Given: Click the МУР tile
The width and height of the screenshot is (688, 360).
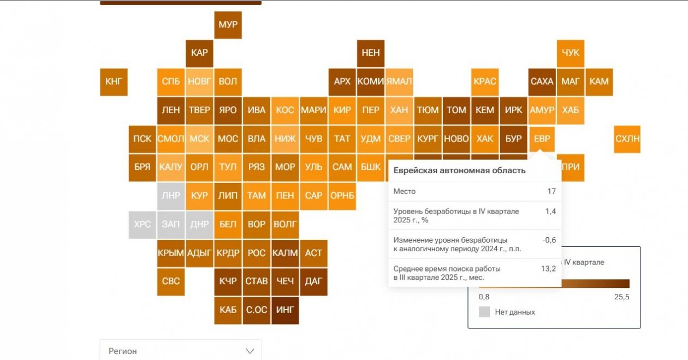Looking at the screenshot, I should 228,25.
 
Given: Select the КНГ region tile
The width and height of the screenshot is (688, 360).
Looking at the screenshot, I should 114,81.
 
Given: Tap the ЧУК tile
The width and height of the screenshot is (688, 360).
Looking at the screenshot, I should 571,53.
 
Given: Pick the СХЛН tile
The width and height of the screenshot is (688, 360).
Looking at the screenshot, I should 627,139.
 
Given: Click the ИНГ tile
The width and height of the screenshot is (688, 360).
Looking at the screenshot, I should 285,310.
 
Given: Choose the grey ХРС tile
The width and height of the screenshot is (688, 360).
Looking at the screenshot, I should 143,224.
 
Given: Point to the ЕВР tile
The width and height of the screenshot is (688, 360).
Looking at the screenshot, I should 542,139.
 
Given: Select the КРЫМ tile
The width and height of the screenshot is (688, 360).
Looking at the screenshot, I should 171,253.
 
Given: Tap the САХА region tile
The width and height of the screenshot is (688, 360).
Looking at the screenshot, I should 542,81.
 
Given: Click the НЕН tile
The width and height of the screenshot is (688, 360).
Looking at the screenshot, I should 371,53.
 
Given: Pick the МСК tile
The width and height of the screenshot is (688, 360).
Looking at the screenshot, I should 199,139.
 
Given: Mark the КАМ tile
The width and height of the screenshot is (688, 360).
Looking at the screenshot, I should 599,81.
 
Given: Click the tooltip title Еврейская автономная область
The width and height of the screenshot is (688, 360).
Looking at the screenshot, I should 459,170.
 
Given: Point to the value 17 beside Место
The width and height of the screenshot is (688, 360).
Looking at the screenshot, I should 551,191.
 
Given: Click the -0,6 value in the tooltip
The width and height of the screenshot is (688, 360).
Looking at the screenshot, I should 549,240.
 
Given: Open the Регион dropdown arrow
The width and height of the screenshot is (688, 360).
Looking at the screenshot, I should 250,351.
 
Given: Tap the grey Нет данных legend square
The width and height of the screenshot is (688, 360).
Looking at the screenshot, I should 484,312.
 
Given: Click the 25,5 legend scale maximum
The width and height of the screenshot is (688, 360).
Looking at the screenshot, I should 622,297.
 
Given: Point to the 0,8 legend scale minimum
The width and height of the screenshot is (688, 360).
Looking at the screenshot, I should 484,297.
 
